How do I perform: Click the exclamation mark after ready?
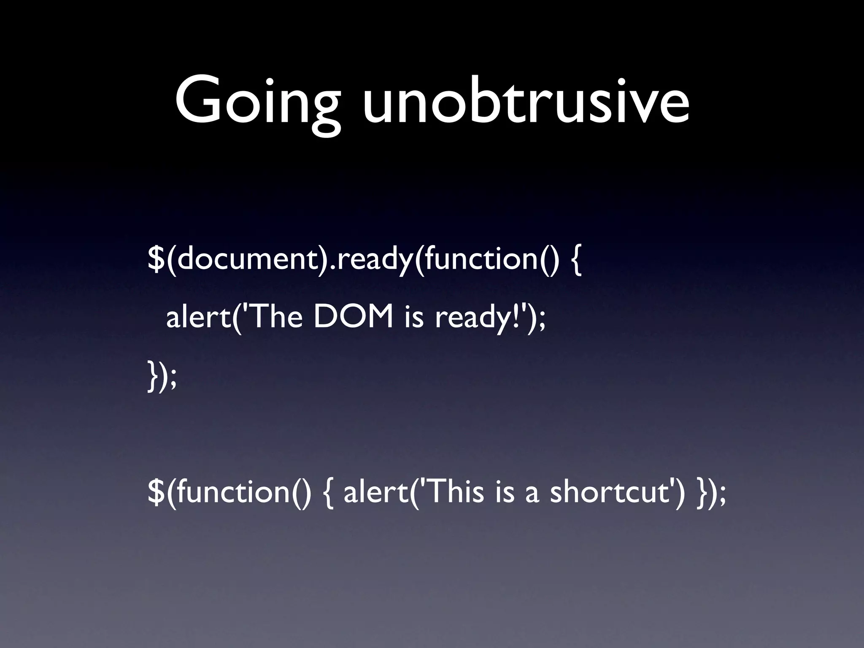click(x=514, y=316)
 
